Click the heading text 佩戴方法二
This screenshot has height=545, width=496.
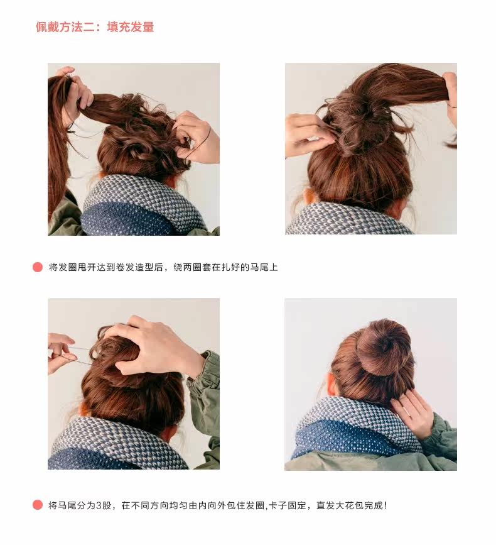coord(65,27)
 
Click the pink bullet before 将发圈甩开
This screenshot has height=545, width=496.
coord(38,267)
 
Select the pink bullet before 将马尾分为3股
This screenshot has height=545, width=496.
coord(38,505)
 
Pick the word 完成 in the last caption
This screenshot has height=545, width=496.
coord(374,505)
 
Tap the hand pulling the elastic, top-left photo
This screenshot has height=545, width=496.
coord(198,135)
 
